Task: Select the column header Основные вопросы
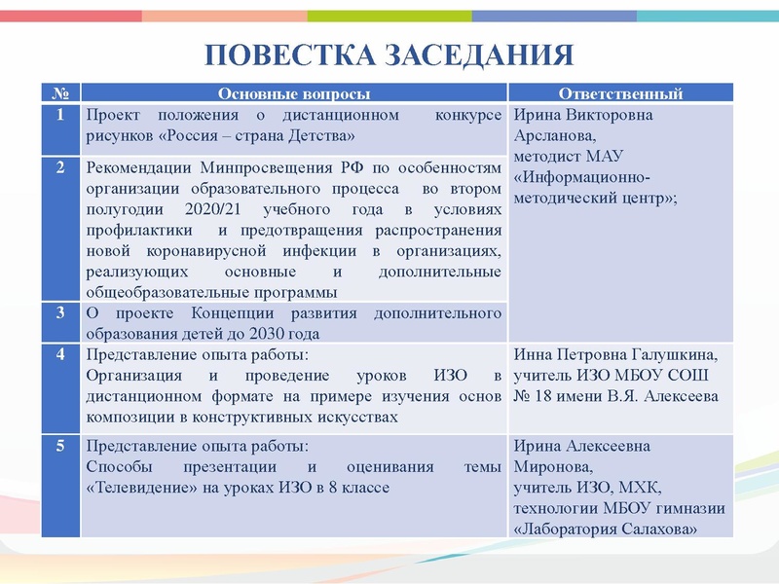(293, 93)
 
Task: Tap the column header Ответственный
(620, 93)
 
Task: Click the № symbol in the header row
(60, 93)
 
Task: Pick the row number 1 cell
(60, 116)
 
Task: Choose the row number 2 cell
(60, 168)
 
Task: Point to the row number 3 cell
(60, 313)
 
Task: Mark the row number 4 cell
(60, 354)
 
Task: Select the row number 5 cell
(60, 447)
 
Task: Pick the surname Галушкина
(671, 355)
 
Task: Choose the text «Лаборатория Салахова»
(605, 529)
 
